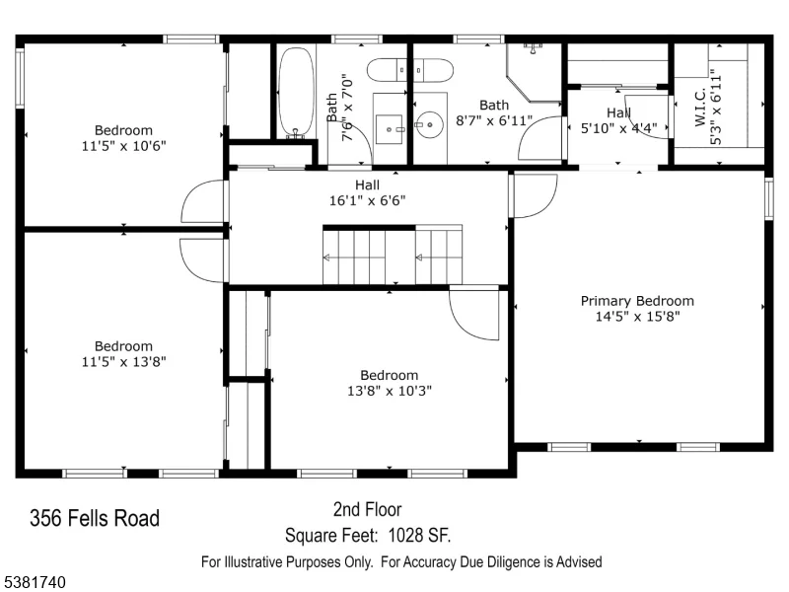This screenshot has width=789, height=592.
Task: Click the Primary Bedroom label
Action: [x=637, y=301]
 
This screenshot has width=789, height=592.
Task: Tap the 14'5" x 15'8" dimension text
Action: [x=637, y=316]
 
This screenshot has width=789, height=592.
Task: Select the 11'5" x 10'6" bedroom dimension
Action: [x=124, y=146]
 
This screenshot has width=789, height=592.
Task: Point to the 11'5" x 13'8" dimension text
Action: [x=124, y=361]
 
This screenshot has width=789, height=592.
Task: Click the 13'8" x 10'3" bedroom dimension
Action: [x=390, y=391]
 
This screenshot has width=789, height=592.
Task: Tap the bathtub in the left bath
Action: [x=297, y=92]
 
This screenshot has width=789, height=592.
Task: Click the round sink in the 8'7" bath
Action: [x=429, y=124]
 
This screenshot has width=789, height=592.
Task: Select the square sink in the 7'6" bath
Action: [x=390, y=129]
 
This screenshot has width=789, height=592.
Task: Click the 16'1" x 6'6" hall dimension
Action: [x=367, y=200]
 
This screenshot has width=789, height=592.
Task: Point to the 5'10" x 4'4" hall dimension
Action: [x=619, y=128]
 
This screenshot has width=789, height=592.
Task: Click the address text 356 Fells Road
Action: [x=95, y=518]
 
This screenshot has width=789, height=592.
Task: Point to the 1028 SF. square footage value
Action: [x=420, y=535]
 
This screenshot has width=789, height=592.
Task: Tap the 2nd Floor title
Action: [x=367, y=509]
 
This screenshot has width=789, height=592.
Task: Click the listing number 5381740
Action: [x=34, y=582]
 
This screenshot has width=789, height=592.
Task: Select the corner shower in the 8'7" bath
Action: [x=534, y=72]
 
